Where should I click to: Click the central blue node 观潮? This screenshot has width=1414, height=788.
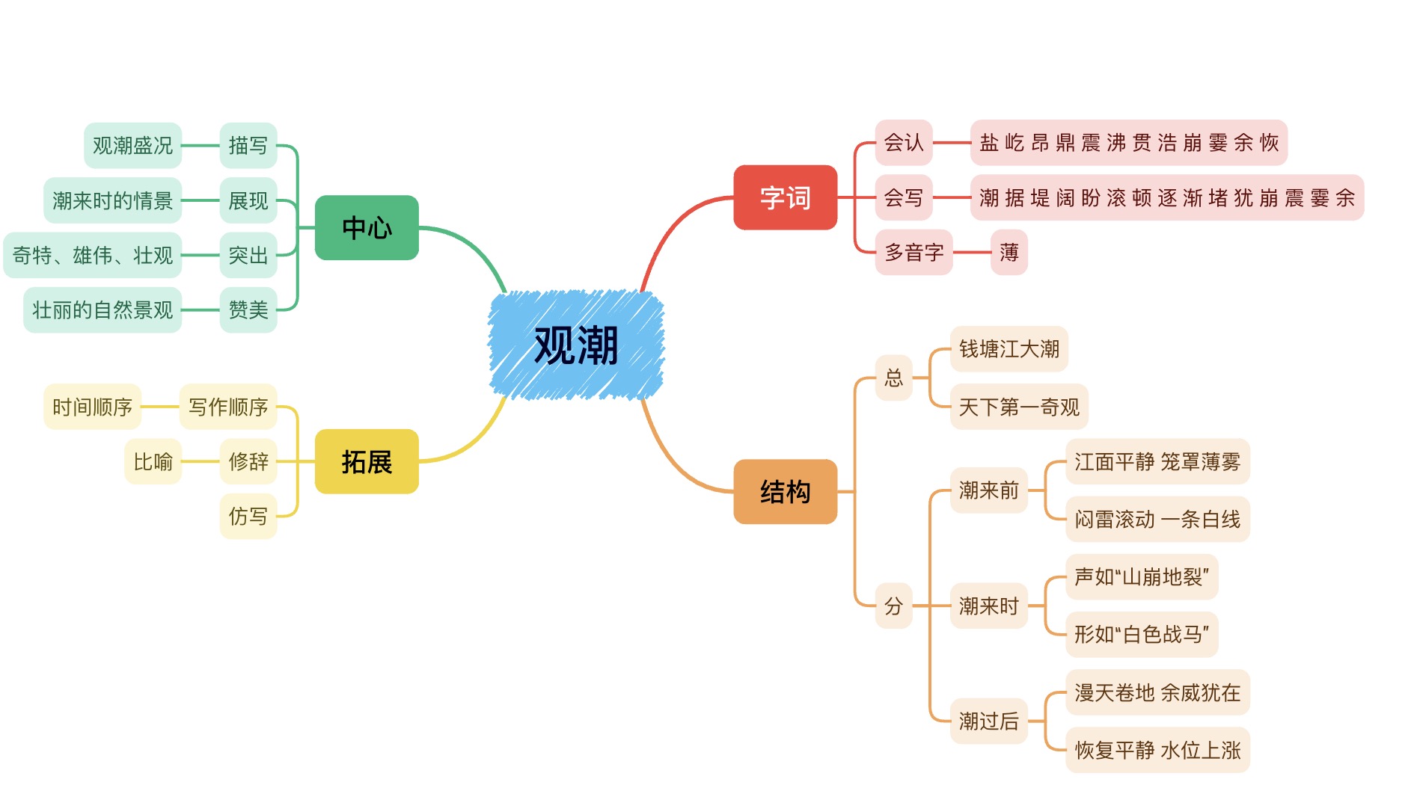pos(576,345)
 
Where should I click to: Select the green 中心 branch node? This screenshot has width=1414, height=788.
pos(367,228)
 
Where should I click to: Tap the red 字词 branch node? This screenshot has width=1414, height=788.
pos(785,197)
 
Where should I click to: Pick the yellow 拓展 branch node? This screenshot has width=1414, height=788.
pos(367,462)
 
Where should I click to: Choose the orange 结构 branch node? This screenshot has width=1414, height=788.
pos(785,492)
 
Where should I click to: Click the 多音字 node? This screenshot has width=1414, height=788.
pos(913,253)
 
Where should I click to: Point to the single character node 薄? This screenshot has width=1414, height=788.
pos(1009,253)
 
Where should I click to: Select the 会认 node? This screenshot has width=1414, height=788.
pos(904,143)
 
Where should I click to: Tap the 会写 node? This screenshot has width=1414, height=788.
pos(904,197)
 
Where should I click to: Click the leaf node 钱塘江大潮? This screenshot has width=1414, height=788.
pos(1009,349)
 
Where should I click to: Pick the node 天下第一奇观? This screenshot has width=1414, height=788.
pos(1019,407)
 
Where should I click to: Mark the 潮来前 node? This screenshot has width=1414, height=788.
pos(988,490)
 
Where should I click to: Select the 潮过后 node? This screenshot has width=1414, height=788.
pos(988,721)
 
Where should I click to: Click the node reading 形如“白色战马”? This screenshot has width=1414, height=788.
pos(1142,635)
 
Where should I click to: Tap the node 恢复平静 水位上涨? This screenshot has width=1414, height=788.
pos(1157,750)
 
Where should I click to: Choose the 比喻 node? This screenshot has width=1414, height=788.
pos(153,462)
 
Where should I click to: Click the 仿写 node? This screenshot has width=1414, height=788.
pos(248,517)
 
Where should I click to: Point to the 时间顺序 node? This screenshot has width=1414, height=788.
pos(92,407)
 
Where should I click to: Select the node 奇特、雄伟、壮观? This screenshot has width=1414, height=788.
pos(93,256)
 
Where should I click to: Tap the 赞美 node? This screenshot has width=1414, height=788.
pos(248,310)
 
